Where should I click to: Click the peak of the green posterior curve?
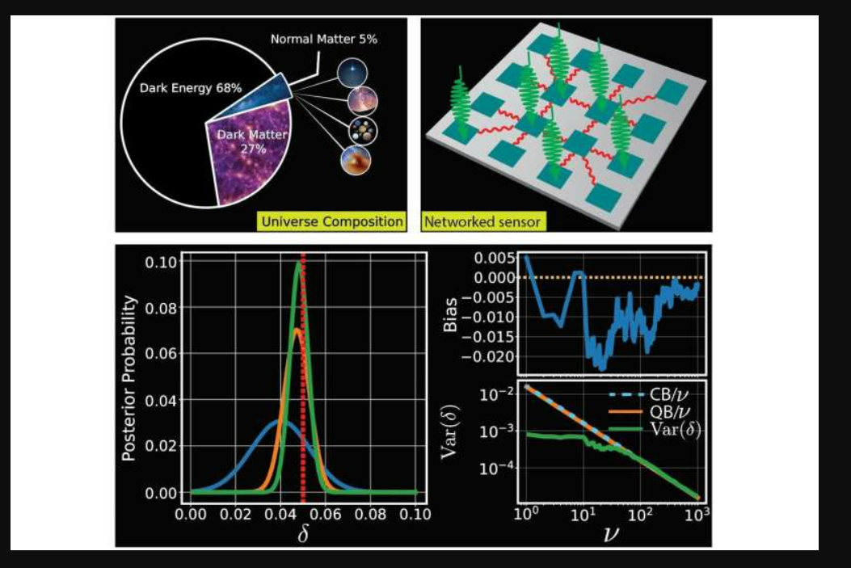point(298,266)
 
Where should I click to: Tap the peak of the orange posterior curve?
point(297,329)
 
